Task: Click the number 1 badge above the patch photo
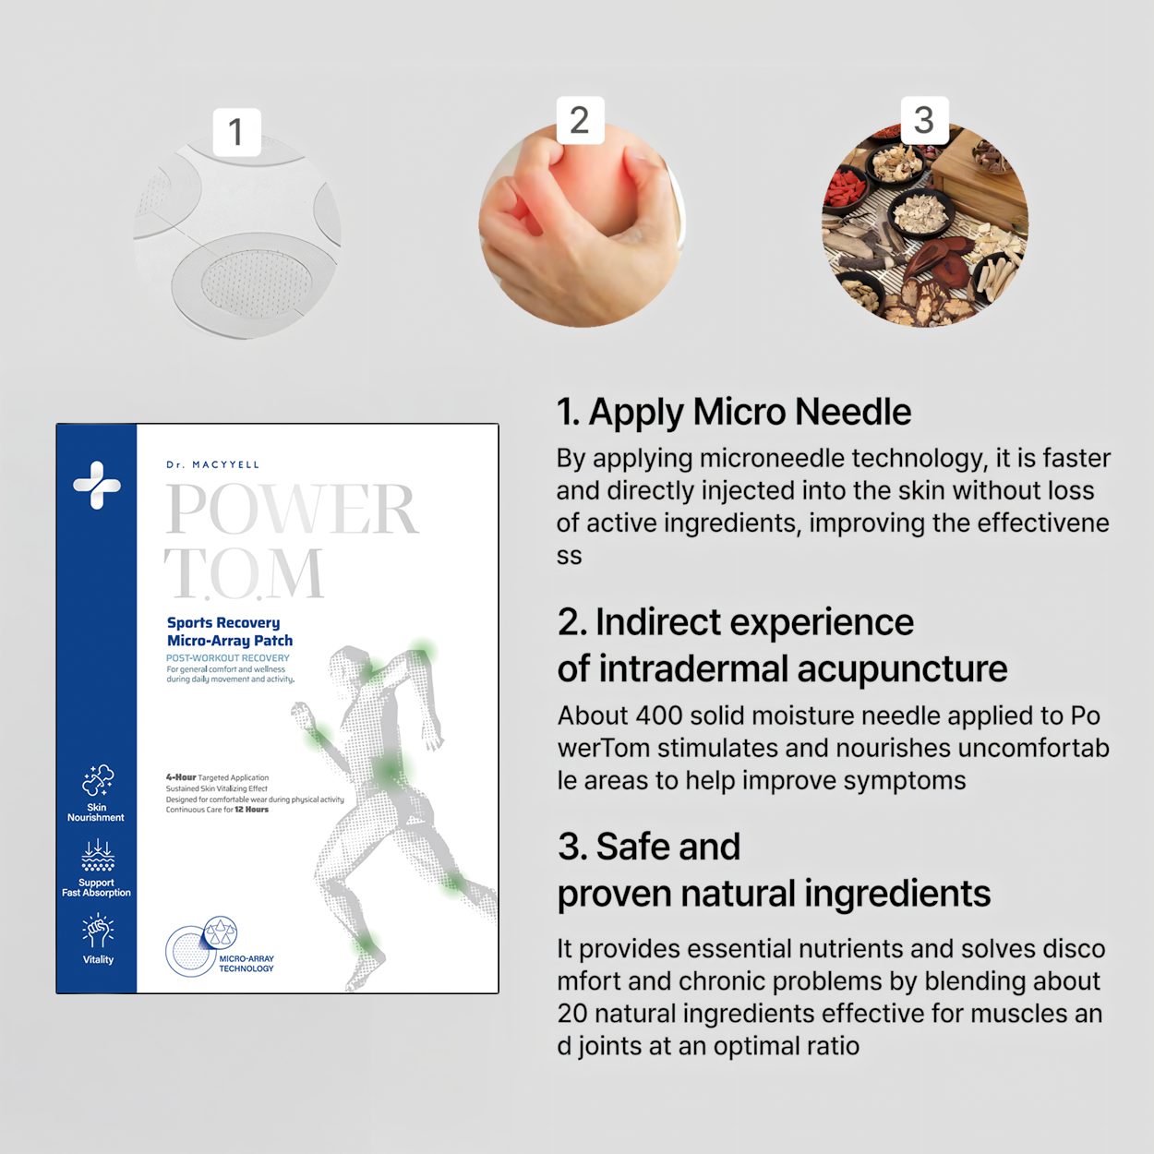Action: coord(236,132)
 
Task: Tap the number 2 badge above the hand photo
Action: coord(580,120)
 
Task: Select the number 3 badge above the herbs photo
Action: coord(924,120)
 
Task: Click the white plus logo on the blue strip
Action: coord(97,485)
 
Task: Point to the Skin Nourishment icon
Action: coord(98,781)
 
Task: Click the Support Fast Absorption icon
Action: coord(98,856)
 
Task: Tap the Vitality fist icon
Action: coord(98,931)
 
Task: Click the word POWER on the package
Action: coord(292,509)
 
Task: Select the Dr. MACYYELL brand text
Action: coord(213,464)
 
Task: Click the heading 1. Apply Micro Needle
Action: coord(734,412)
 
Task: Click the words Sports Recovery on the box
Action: coord(223,623)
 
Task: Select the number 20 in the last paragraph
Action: coord(571,1014)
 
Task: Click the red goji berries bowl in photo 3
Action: coord(844,189)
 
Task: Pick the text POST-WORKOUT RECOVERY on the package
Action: coord(228,658)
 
